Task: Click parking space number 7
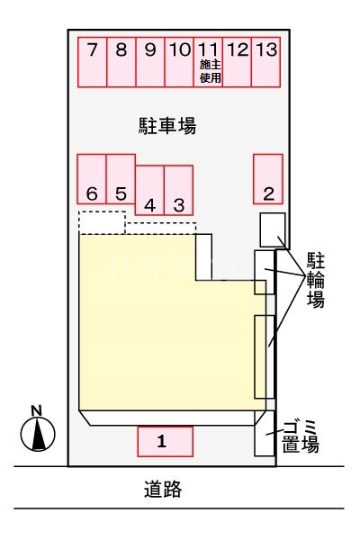[93, 62]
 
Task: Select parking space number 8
[121, 62]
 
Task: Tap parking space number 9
[150, 62]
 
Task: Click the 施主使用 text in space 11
[210, 73]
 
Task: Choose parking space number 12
[238, 62]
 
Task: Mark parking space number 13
[265, 62]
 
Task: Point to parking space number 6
[92, 178]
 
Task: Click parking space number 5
[121, 178]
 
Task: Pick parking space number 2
[267, 178]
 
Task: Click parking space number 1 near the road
[165, 441]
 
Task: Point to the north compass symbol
[37, 432]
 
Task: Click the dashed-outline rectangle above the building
[102, 221]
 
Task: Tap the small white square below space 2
[272, 229]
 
